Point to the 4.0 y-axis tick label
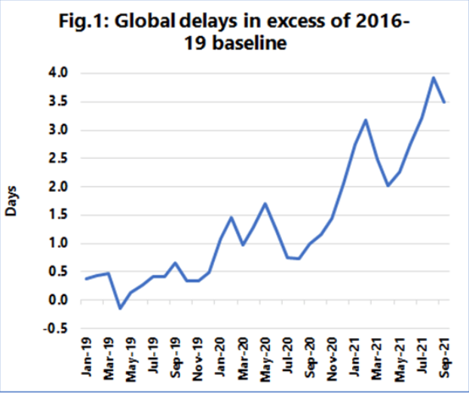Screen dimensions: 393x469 click(x=59, y=73)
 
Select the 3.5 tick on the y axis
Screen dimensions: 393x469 click(x=59, y=102)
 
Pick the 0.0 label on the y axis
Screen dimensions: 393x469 click(x=59, y=300)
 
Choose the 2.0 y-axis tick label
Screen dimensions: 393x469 click(x=59, y=187)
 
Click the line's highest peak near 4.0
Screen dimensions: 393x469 click(x=434, y=78)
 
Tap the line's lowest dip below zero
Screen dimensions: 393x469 click(x=119, y=308)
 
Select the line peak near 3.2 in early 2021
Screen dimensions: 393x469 click(x=366, y=120)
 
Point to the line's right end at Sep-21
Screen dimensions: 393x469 click(x=445, y=102)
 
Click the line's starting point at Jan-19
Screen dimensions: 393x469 click(x=86, y=279)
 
